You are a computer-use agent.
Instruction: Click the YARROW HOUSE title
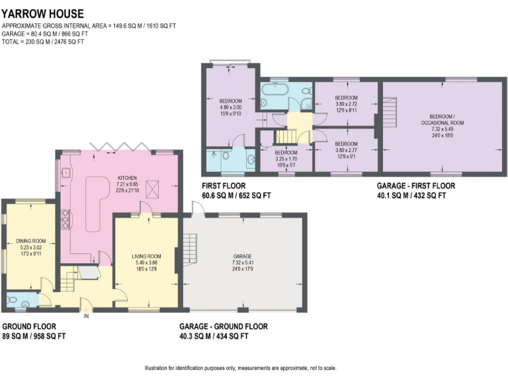pos(42,13)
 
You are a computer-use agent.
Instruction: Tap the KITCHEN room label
pos(128,178)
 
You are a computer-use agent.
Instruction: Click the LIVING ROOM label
pos(146,256)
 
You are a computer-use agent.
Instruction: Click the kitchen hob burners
pos(65,218)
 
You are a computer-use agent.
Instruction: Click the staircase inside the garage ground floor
pos(190,249)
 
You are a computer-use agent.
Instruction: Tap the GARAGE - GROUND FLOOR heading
pos(224,327)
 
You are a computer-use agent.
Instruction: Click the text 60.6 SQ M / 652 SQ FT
pos(236,196)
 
